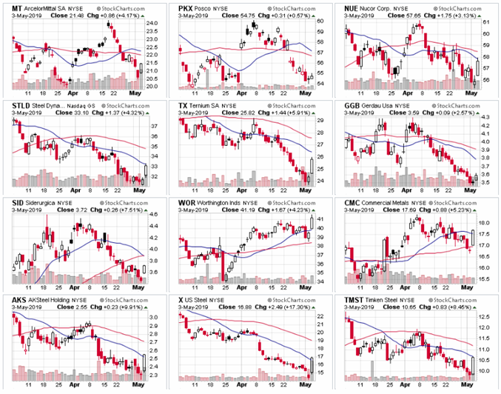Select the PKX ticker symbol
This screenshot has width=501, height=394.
click(x=186, y=6)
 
